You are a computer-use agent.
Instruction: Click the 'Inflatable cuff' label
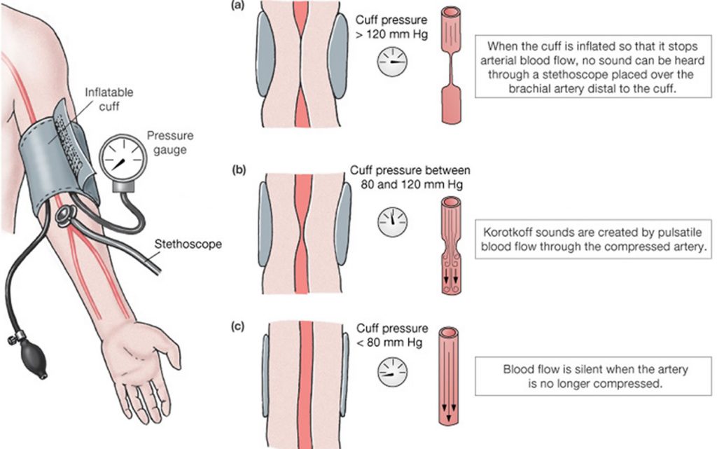[108, 99]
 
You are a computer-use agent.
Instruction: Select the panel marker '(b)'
[239, 169]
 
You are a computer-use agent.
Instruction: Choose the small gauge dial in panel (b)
[393, 222]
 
